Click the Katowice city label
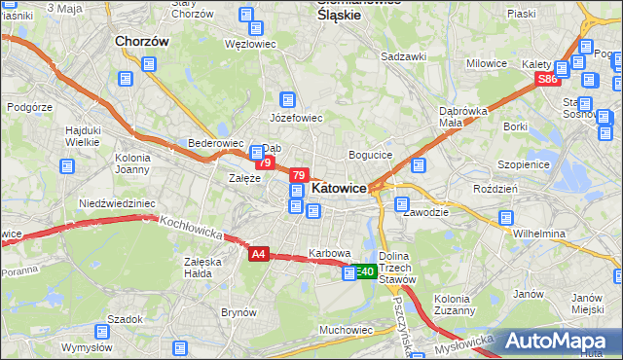pyautogui.click(x=338, y=188)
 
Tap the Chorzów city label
pyautogui.click(x=142, y=42)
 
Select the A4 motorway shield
pyautogui.click(x=257, y=254)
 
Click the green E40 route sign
pyautogui.click(x=364, y=272)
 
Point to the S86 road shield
pyautogui.click(x=547, y=79)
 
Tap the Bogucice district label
pyautogui.click(x=370, y=155)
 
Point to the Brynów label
pyautogui.click(x=238, y=312)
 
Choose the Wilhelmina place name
pyautogui.click(x=539, y=234)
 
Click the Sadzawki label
pyautogui.click(x=404, y=56)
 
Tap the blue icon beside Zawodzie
pyautogui.click(x=401, y=203)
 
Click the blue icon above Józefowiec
pyautogui.click(x=287, y=99)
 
